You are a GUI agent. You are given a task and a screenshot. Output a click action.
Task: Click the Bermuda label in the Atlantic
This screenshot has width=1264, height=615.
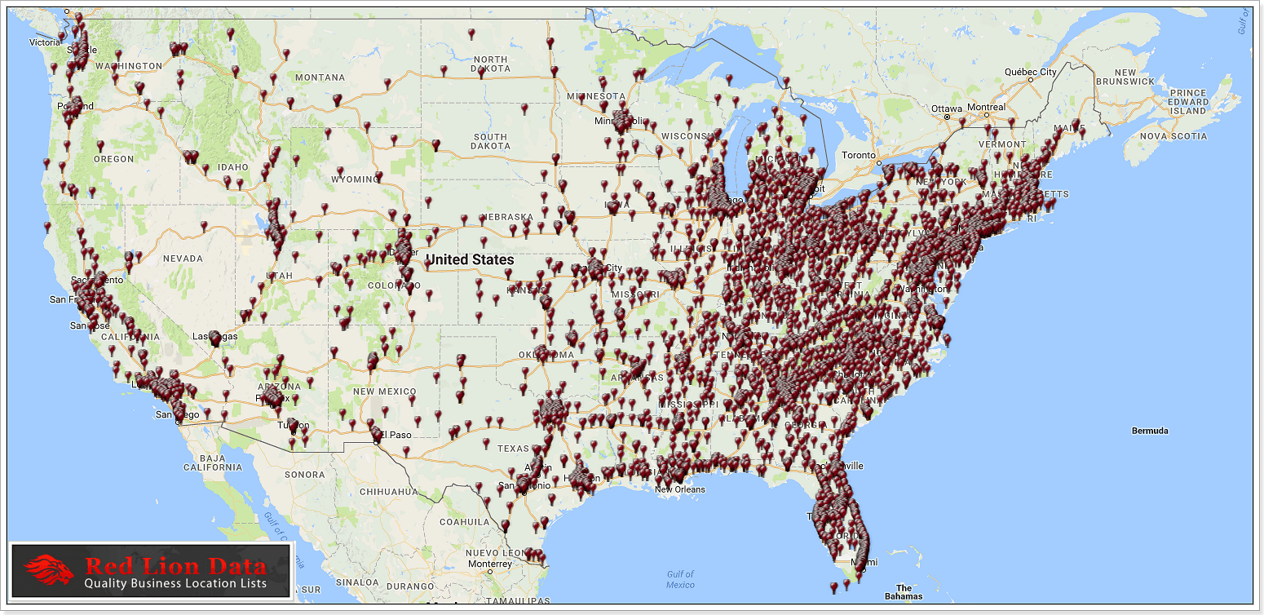tap(1150, 431)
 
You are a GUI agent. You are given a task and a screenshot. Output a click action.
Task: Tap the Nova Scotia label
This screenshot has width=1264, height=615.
tap(1174, 136)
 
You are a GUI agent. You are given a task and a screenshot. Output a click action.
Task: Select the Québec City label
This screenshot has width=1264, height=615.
tap(1030, 72)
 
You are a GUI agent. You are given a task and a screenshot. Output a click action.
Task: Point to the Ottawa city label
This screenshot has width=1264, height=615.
tap(947, 108)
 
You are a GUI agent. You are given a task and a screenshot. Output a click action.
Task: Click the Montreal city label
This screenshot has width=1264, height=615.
tap(986, 108)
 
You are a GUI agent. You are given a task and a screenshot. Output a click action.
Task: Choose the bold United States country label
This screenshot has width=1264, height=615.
tap(470, 259)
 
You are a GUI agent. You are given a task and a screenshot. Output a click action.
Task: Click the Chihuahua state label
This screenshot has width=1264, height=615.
tap(388, 492)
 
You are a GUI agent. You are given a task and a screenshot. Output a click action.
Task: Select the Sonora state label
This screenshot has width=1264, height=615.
tap(305, 474)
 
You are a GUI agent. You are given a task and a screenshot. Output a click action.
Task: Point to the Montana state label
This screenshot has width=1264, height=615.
tap(320, 77)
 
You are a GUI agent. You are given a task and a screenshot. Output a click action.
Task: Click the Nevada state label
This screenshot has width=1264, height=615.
tap(183, 259)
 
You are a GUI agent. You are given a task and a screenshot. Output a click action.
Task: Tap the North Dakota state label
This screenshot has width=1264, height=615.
tap(490, 64)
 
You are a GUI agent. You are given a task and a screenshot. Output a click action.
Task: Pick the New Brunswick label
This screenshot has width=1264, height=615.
tap(1125, 77)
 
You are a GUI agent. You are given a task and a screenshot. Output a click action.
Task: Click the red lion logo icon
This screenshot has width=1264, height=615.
tap(49, 570)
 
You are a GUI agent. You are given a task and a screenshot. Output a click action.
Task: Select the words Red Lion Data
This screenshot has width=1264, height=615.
tap(176, 566)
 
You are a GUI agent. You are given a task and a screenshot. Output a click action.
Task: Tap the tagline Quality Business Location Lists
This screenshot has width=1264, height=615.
tap(175, 584)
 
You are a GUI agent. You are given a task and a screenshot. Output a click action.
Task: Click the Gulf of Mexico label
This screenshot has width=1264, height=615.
tap(680, 580)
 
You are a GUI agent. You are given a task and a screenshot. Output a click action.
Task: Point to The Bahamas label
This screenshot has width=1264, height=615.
tap(904, 592)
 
